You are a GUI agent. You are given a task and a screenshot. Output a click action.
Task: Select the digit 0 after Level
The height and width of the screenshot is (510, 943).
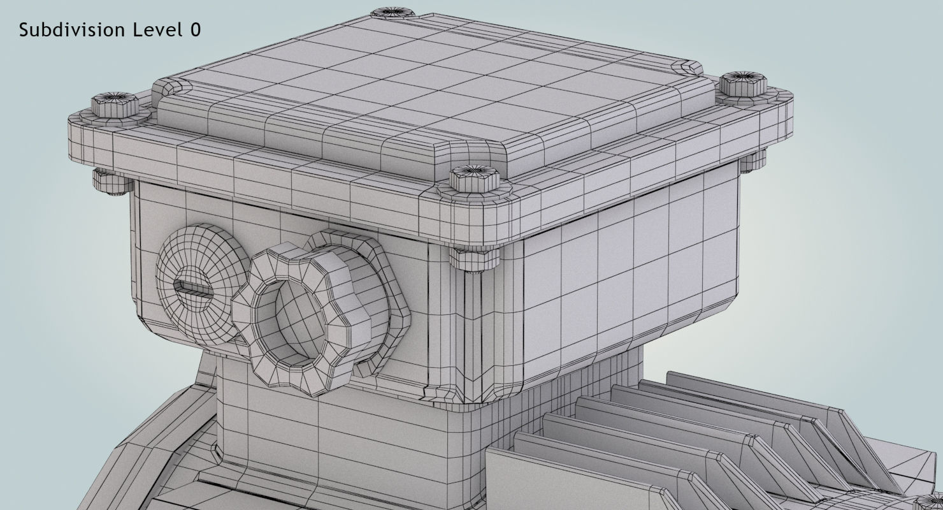195,29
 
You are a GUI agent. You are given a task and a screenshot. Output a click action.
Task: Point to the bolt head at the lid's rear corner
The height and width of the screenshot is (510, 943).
392,12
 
